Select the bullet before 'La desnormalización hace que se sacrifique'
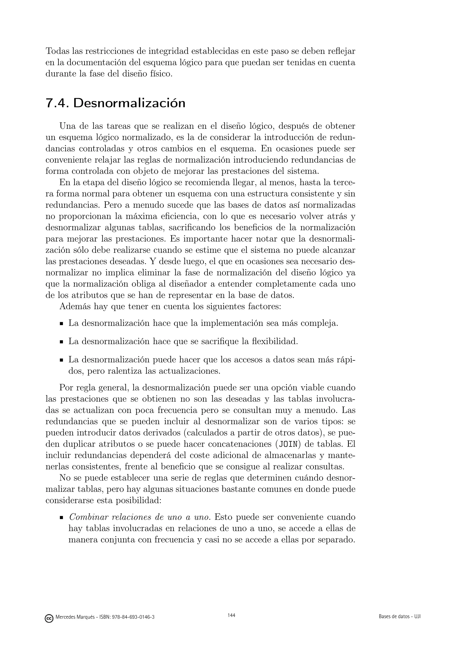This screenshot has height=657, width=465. [x=61, y=342]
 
